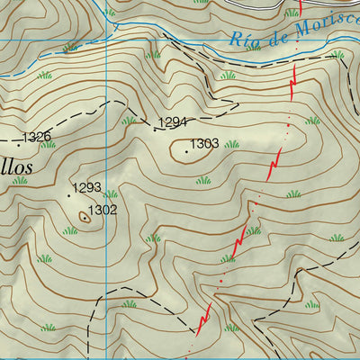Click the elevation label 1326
coord(37,137)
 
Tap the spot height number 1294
coord(173,121)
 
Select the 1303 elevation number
coord(204,144)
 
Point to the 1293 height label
coord(87,188)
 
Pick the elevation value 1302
coord(103,210)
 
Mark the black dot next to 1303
coord(187,151)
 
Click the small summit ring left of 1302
coord(85,216)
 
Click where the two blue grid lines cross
coord(107,40)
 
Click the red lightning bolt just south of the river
coord(292,82)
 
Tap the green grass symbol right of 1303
coord(232,144)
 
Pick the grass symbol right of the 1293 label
coord(111,193)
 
